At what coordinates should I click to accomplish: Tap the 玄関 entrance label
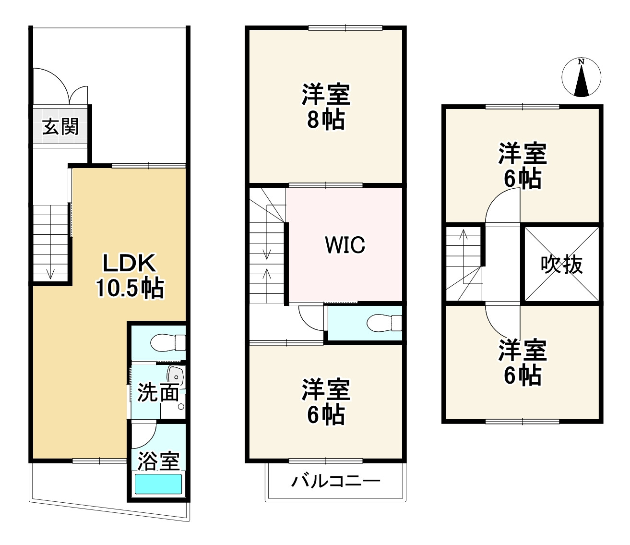pos(60,127)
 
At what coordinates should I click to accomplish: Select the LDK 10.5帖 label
pos(130,277)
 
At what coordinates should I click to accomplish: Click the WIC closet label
pos(345,245)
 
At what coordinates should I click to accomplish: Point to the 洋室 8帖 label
pos(326,107)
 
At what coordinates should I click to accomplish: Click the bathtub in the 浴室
pos(158,484)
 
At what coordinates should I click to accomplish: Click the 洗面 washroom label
pos(158,393)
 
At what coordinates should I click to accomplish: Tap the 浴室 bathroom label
pos(158,461)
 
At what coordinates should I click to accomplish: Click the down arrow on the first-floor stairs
pos(50,273)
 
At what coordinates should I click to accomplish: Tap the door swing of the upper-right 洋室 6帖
pos(503,206)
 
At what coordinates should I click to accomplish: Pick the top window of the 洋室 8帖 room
pos(345,28)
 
